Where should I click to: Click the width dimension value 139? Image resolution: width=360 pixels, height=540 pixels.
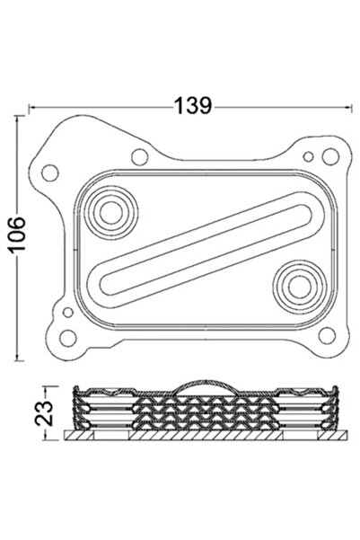coord(193,105)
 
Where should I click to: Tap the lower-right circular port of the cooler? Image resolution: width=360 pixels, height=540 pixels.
coord(296,287)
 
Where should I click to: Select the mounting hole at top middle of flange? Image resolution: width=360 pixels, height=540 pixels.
coord(139,158)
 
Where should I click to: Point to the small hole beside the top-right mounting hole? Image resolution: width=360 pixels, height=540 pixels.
coord(309,157)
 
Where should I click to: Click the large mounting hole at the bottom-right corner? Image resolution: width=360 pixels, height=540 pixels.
coord(336,334)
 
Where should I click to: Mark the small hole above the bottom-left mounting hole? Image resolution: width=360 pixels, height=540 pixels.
coord(67,311)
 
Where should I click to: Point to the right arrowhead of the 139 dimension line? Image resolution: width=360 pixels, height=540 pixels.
coord(348,106)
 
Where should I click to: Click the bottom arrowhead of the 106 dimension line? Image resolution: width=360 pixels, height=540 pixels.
coord(19,358)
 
